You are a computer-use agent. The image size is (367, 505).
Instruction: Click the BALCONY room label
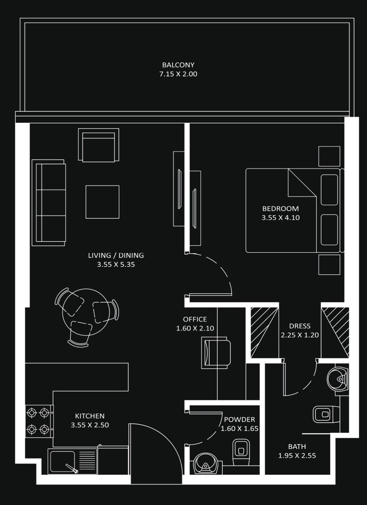pyautogui.click(x=178, y=65)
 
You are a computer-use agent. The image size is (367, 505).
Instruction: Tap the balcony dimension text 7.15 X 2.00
pyautogui.click(x=178, y=74)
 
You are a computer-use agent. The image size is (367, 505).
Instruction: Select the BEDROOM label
pyautogui.click(x=280, y=209)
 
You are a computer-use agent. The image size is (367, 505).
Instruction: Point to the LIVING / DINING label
pyautogui.click(x=116, y=255)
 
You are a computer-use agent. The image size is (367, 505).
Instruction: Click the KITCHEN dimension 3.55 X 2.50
pyautogui.click(x=90, y=425)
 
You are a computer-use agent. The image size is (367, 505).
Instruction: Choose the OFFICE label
pyautogui.click(x=195, y=319)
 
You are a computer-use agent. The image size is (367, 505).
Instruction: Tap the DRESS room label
pyautogui.click(x=300, y=326)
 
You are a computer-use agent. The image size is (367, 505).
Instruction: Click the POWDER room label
pyautogui.click(x=239, y=419)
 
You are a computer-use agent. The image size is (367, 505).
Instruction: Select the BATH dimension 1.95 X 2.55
pyautogui.click(x=297, y=456)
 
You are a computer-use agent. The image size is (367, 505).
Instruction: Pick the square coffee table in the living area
pyautogui.click(x=102, y=202)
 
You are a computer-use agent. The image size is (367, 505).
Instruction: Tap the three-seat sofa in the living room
pyautogui.click(x=49, y=203)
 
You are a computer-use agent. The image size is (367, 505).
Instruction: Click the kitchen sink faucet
pyautogui.click(x=72, y=469)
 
